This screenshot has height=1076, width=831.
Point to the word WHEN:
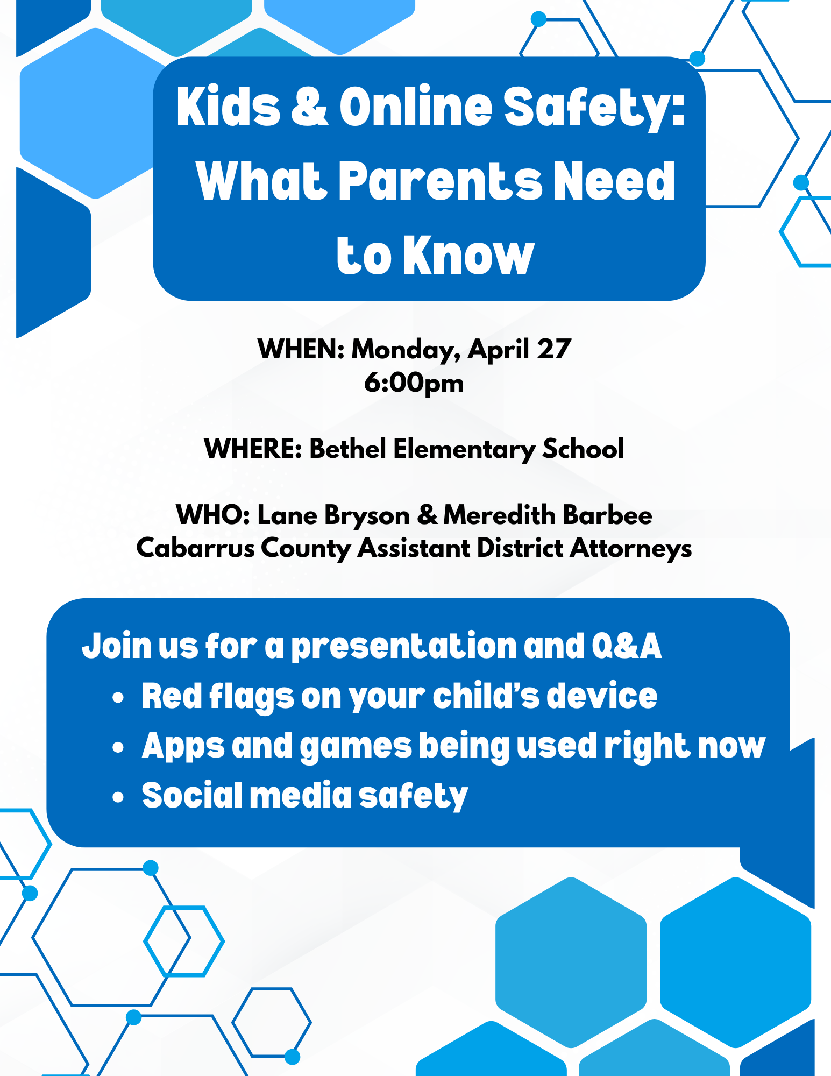[301, 349]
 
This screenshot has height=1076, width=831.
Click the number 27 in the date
[553, 349]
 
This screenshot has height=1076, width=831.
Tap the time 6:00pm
[414, 384]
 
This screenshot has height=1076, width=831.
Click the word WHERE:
[253, 449]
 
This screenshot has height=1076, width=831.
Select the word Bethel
[347, 449]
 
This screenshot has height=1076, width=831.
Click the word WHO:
[213, 515]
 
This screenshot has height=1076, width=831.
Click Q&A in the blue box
[627, 646]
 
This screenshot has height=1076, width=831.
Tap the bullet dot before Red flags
[118, 698]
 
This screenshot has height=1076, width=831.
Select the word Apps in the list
[183, 747]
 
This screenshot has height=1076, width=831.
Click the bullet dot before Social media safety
[118, 797]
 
